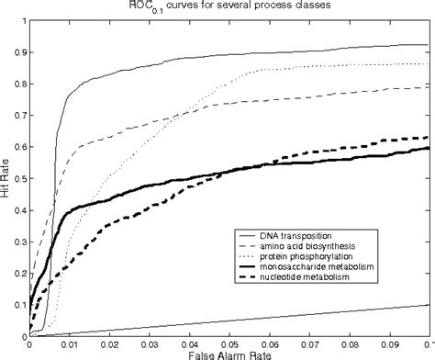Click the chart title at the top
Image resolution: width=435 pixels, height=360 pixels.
(229, 6)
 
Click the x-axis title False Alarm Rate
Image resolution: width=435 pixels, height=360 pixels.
(229, 353)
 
